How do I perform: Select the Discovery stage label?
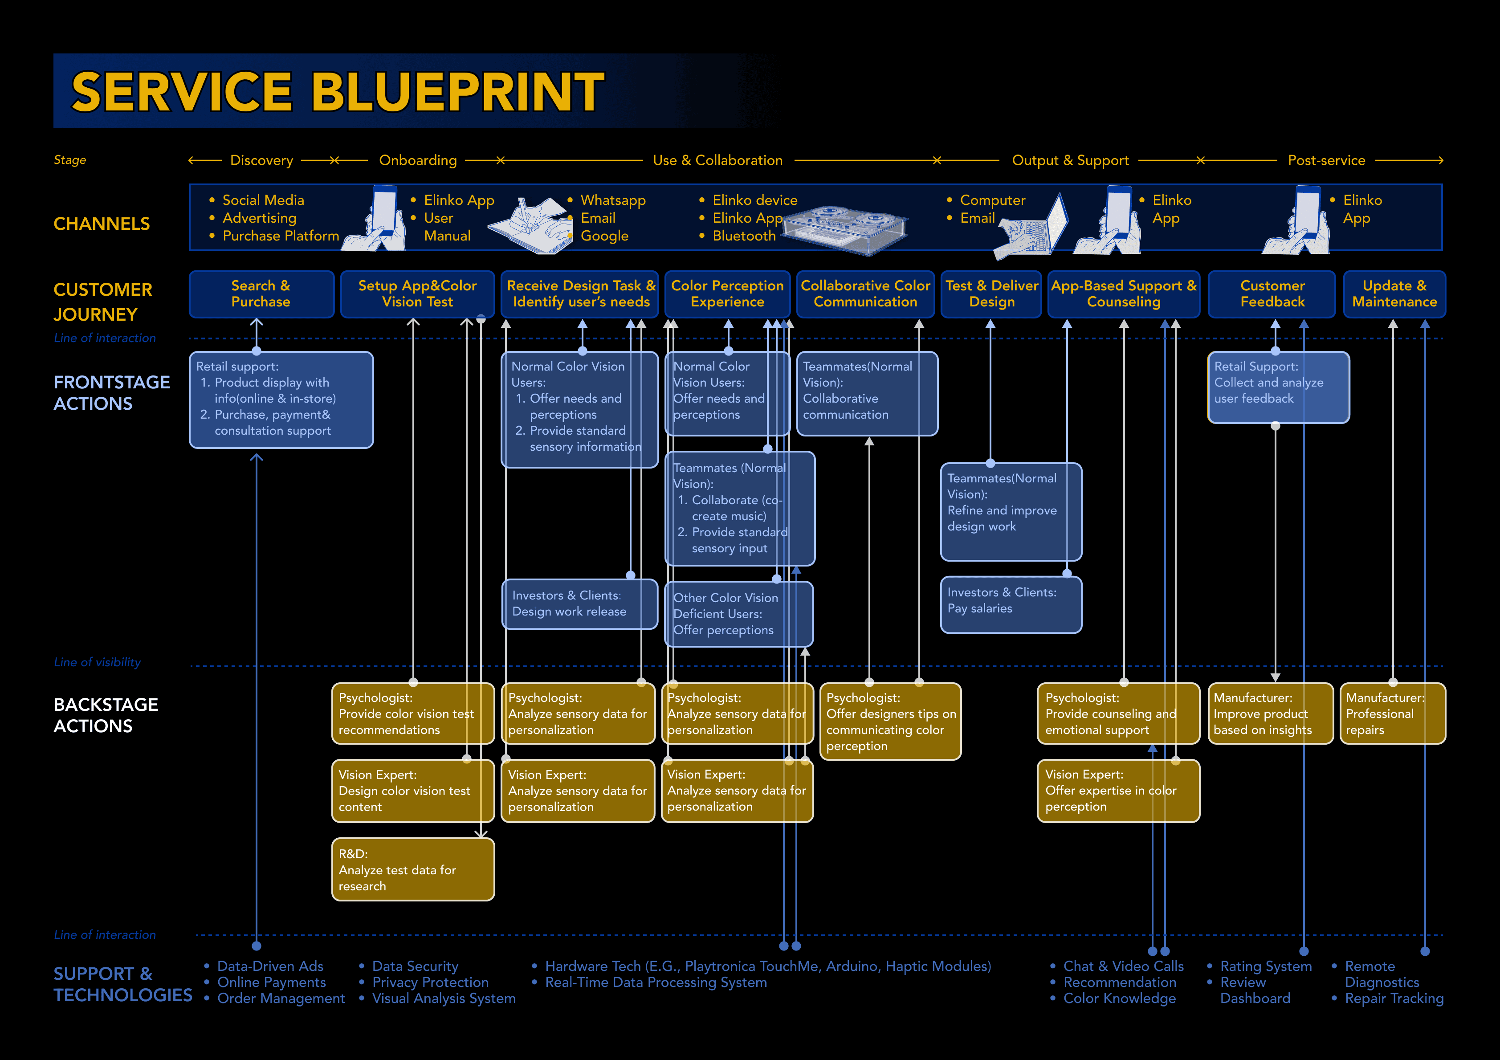click(x=261, y=160)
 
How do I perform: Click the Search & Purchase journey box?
click(x=261, y=294)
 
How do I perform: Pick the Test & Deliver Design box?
click(x=990, y=294)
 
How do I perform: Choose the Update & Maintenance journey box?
click(x=1394, y=294)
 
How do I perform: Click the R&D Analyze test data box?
click(x=412, y=869)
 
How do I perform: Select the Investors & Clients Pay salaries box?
click(x=1010, y=604)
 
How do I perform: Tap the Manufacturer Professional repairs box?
click(x=1392, y=713)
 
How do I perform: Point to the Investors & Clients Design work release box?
click(x=579, y=604)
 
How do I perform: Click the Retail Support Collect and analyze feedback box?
click(x=1278, y=387)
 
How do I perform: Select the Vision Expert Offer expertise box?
click(x=1118, y=790)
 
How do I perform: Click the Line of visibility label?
click(x=98, y=662)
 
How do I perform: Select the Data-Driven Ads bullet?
click(x=270, y=966)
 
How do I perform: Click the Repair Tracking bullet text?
click(x=1394, y=998)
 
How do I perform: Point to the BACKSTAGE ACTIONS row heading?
click(x=106, y=715)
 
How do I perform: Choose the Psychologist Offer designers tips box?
click(x=890, y=722)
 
